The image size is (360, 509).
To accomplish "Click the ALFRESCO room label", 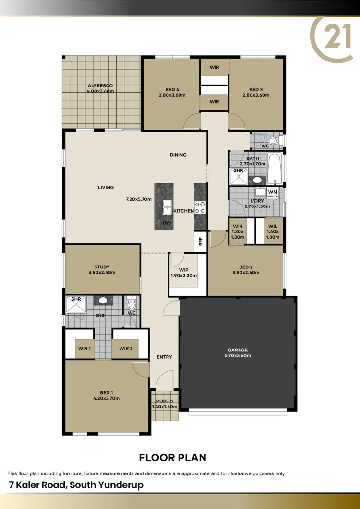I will pos(100,85).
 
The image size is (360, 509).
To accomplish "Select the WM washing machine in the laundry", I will pos(273,192).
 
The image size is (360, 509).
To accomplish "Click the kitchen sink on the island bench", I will pos(167,207).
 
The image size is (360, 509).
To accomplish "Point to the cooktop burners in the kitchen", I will pos(200,207).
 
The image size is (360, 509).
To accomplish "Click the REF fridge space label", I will pos(201,241).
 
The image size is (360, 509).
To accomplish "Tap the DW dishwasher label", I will pos(167,223).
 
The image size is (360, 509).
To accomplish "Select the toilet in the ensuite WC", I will pos(132,304).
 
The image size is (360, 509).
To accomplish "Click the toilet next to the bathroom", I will pos(273,141).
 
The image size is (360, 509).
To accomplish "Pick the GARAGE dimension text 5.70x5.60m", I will pos(238,356).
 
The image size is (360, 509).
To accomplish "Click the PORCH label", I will pos(164,401).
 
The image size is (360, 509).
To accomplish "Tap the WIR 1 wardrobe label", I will pos(84,348).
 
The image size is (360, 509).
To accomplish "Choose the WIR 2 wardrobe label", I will pos(126,348).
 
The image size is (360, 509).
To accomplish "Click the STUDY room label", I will pos(102,267).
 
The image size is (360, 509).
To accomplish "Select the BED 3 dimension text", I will pos(256,95).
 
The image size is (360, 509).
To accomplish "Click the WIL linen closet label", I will pos(273,226).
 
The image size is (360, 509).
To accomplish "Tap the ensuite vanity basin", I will pos(103,301).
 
